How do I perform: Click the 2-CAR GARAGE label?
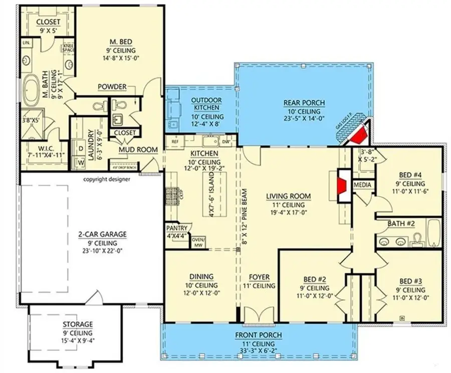click(101, 234)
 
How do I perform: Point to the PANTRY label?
click(176, 228)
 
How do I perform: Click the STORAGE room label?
click(77, 324)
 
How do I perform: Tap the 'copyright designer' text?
click(106, 179)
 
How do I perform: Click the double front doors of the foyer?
click(259, 317)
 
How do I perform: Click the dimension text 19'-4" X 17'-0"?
click(289, 213)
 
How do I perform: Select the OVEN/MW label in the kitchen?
click(198, 243)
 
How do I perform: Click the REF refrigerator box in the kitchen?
click(174, 142)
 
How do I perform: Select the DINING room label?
click(201, 276)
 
